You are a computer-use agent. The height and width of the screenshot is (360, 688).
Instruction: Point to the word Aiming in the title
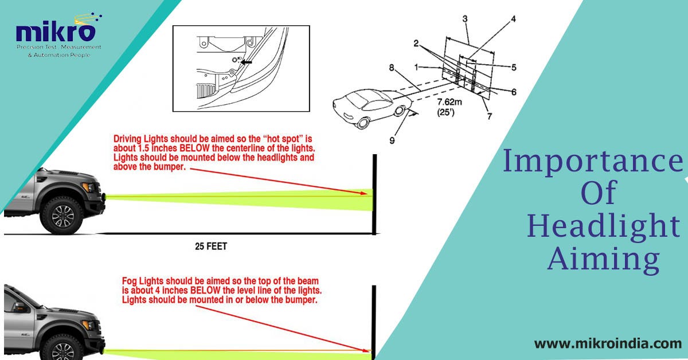tap(603, 260)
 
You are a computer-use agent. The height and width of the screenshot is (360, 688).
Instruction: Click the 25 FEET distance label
tap(210, 247)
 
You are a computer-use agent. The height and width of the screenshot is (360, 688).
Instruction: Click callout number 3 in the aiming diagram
tap(465, 18)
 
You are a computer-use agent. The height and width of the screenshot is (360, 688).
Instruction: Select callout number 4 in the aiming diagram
tap(513, 18)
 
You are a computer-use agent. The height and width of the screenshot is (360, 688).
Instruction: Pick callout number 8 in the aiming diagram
tap(391, 67)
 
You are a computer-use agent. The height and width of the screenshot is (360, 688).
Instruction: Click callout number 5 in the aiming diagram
tap(514, 67)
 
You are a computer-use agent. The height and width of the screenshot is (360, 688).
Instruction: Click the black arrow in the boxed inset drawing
tap(247, 61)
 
